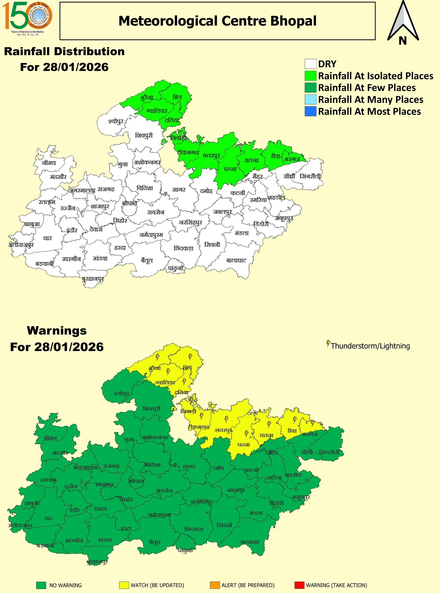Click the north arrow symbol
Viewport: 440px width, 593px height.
[x=403, y=23]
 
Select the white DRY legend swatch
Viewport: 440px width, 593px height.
[x=310, y=64]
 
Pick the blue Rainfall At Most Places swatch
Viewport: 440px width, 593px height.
[x=310, y=111]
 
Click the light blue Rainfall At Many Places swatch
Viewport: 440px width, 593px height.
[x=310, y=100]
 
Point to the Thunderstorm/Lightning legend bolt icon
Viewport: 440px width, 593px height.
[x=328, y=344]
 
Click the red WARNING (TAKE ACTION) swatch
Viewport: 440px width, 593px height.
[x=299, y=585]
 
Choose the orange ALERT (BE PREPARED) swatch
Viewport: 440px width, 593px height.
[x=215, y=585]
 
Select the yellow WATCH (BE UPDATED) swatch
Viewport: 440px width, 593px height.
[x=124, y=585]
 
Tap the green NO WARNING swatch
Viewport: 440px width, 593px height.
[x=41, y=585]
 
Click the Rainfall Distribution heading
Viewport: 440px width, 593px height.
[x=64, y=51]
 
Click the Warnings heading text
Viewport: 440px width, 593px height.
[x=57, y=331]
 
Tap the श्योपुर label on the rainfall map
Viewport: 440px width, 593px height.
[x=116, y=121]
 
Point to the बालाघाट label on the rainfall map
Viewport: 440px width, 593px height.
[x=236, y=260]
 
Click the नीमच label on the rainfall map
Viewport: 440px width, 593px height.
[x=49, y=163]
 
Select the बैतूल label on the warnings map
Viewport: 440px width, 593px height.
[x=155, y=542]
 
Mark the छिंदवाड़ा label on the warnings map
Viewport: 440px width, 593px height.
[x=194, y=529]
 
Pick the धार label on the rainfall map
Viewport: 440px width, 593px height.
[x=47, y=238]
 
